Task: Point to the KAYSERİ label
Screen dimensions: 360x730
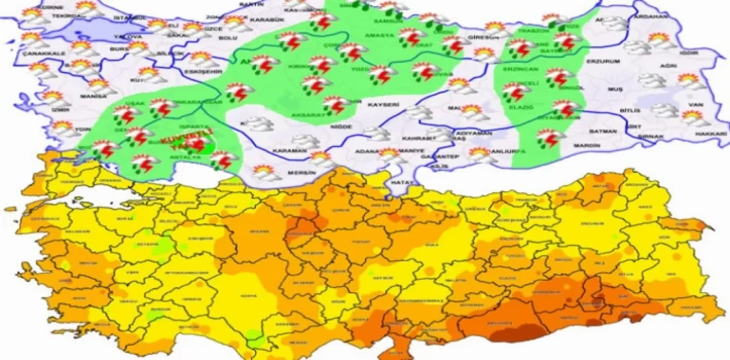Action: (383, 106)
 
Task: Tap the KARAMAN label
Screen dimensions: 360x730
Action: (289, 151)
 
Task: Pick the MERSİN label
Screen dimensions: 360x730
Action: (302, 172)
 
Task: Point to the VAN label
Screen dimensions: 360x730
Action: (695, 104)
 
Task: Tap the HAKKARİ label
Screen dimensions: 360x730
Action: (711, 134)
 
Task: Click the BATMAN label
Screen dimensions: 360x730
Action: (602, 131)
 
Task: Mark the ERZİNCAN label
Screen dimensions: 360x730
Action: (517, 69)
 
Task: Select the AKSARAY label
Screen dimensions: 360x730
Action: (307, 115)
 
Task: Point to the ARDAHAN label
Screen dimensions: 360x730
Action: (667, 17)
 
